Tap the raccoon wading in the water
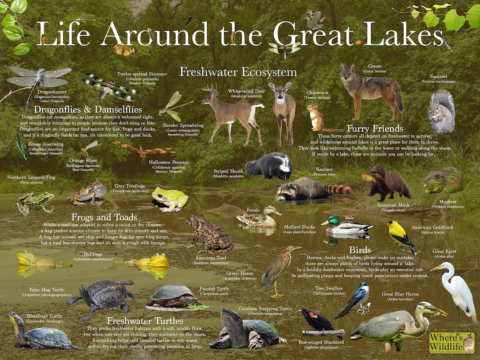tap(307, 189)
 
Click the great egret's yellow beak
tap(435, 268)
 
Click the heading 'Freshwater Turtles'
tap(145, 320)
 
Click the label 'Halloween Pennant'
tap(169, 163)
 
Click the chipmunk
tap(316, 117)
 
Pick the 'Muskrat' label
tap(448, 201)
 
